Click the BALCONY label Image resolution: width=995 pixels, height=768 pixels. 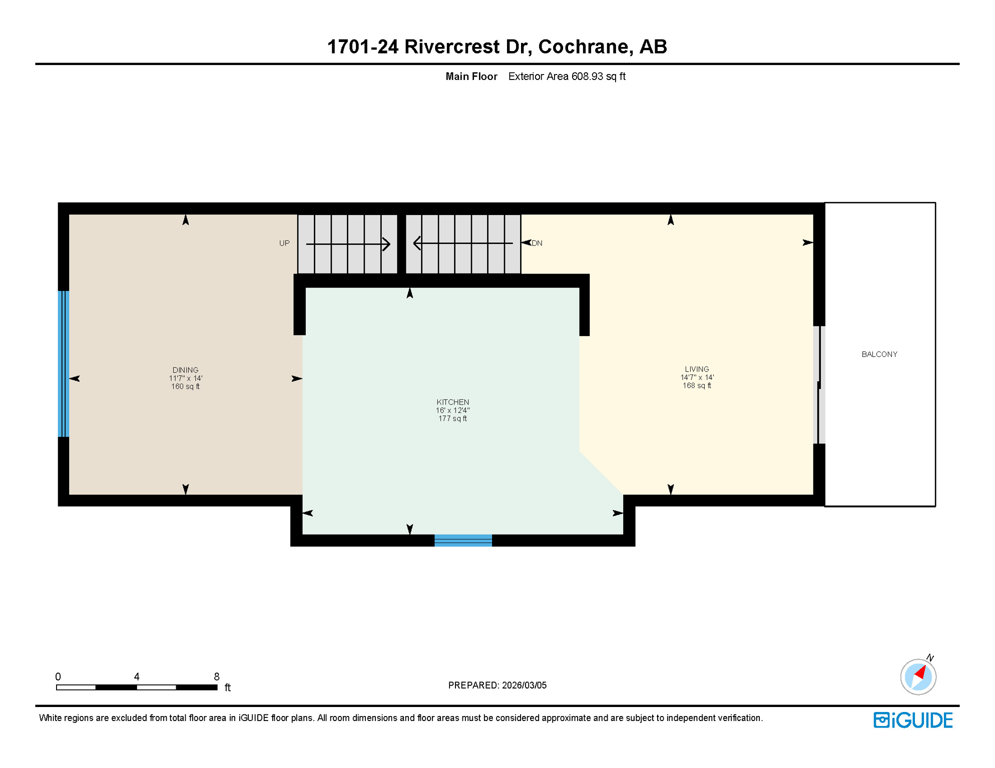tap(879, 354)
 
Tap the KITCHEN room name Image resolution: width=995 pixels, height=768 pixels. tap(452, 402)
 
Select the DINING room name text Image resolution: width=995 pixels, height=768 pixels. tap(185, 370)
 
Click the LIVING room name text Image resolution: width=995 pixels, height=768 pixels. tap(697, 369)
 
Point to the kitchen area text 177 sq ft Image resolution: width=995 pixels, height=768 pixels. tap(452, 418)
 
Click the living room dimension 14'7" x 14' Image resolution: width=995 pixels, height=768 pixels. tap(697, 377)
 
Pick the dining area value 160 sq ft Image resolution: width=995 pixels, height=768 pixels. tap(185, 386)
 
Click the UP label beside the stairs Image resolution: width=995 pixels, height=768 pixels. tap(284, 243)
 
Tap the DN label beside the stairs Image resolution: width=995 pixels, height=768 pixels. tap(537, 243)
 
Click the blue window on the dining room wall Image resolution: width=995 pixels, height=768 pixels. tap(63, 363)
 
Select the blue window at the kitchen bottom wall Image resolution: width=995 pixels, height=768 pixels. tap(463, 540)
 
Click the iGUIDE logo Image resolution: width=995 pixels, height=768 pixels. tap(913, 720)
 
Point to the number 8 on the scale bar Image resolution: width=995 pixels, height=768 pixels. tap(217, 676)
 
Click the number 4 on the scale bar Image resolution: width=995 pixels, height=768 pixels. tap(137, 676)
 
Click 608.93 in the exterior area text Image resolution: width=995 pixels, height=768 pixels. tap(587, 76)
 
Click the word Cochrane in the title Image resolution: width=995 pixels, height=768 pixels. tap(584, 46)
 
